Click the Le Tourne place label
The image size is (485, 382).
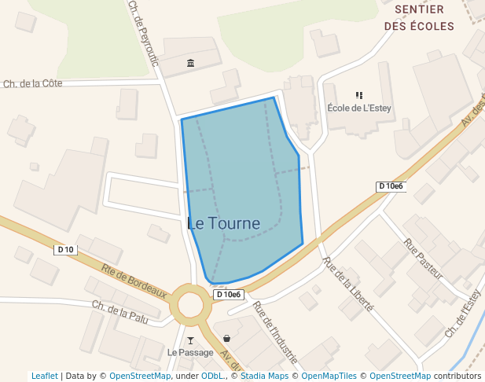224,223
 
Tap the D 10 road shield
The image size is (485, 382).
65,250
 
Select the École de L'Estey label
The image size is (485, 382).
358,108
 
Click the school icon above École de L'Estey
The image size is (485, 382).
359,95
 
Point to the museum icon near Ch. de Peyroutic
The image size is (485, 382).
190,63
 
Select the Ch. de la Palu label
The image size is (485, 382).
119,311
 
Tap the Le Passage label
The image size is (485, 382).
190,352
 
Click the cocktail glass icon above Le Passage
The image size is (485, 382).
190,340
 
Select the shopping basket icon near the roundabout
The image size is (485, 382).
227,338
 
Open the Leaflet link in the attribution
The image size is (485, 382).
45,376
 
